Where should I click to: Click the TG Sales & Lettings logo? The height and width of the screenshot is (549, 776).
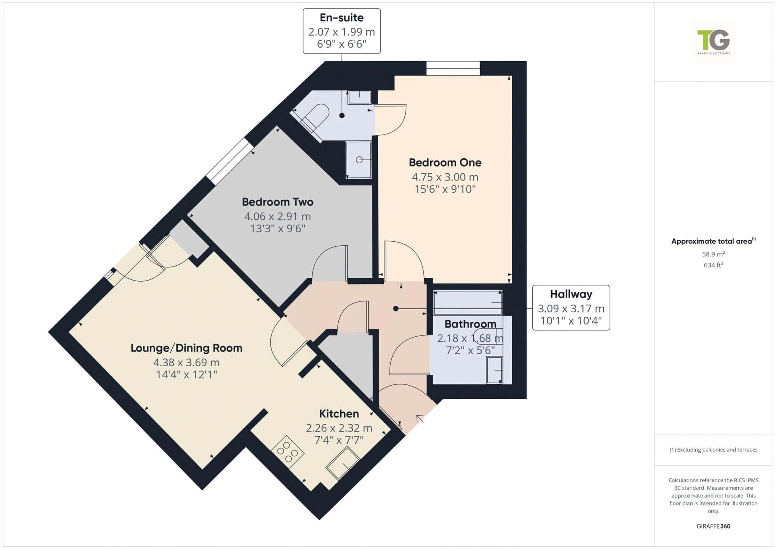pos(714,42)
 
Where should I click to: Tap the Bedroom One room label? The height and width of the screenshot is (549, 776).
pos(445,163)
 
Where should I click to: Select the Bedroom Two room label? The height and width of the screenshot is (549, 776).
pos(277,202)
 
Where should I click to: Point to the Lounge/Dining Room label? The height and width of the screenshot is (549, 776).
pos(186,348)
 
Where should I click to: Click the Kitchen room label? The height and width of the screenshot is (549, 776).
pos(339,414)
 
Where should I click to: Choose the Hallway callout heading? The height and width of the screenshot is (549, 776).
pos(571,294)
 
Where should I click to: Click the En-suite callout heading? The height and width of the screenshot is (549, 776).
pos(341,17)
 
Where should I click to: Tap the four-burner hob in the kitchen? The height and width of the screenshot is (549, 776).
pos(288,452)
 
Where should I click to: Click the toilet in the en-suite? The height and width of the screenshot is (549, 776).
pos(313,117)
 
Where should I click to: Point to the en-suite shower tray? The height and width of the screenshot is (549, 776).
pos(359,160)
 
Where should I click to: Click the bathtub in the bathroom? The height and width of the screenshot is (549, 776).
pos(468,302)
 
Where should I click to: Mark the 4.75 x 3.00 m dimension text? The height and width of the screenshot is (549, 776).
pos(445,177)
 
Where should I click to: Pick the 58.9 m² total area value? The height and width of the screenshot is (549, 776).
pos(714,254)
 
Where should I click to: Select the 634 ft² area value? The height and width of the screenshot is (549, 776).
pos(714,265)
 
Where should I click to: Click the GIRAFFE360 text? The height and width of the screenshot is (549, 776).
pos(714,526)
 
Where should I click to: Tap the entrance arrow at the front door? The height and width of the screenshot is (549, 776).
pos(420,419)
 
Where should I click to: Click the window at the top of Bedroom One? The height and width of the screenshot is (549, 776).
pos(453,68)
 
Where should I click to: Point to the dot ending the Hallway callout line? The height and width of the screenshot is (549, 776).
pos(396,309)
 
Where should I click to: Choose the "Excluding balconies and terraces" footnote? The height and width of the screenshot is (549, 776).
pos(714,450)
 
